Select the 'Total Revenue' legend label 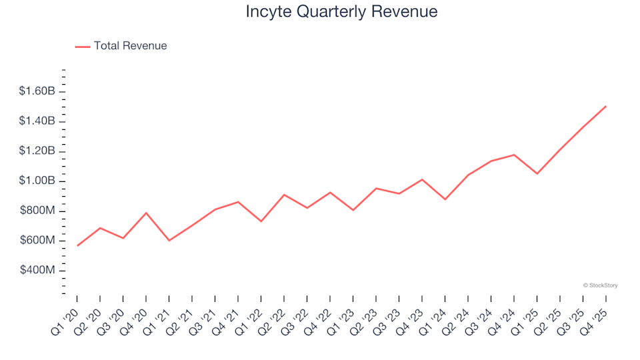pyautogui.click(x=130, y=46)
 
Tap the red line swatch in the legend pyautogui.click(x=83, y=47)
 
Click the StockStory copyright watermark pyautogui.click(x=600, y=285)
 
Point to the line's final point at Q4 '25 pyautogui.click(x=605, y=106)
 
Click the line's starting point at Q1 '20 pyautogui.click(x=77, y=246)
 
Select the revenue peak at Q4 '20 pyautogui.click(x=146, y=213)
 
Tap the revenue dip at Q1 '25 pyautogui.click(x=537, y=174)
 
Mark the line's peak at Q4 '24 pyautogui.click(x=514, y=155)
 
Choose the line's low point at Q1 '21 pyautogui.click(x=169, y=241)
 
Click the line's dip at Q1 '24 pyautogui.click(x=445, y=199)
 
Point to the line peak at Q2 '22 pyautogui.click(x=284, y=195)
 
